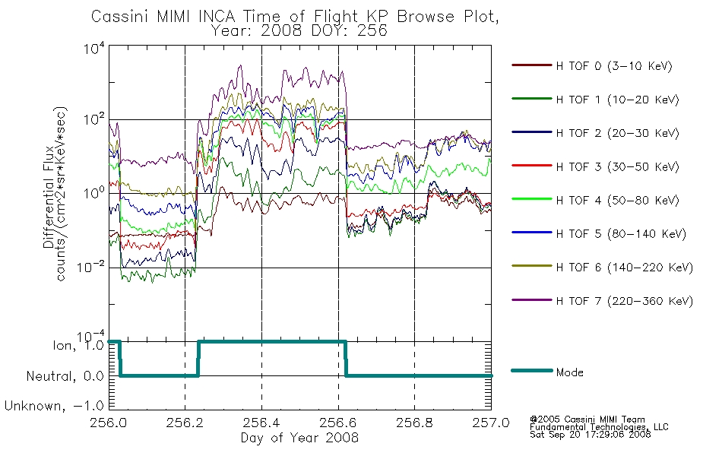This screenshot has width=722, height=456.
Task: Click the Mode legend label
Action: point(569,372)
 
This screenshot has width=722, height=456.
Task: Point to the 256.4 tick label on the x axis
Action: point(261,423)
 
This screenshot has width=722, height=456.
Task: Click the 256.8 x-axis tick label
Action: point(414,423)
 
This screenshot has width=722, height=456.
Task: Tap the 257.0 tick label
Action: point(491,423)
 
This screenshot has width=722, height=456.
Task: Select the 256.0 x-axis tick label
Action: point(109,423)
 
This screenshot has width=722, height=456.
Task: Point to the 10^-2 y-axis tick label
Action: point(90,266)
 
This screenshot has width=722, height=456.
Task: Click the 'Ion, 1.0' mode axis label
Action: point(78,346)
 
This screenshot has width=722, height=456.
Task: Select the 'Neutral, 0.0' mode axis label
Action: point(65,377)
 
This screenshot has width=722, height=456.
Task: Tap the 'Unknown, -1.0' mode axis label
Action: point(54,407)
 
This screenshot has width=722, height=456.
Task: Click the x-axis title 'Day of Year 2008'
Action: point(299,438)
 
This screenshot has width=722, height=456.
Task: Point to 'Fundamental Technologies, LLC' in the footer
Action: point(599,427)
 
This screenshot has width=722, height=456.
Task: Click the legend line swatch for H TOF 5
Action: point(532,233)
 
